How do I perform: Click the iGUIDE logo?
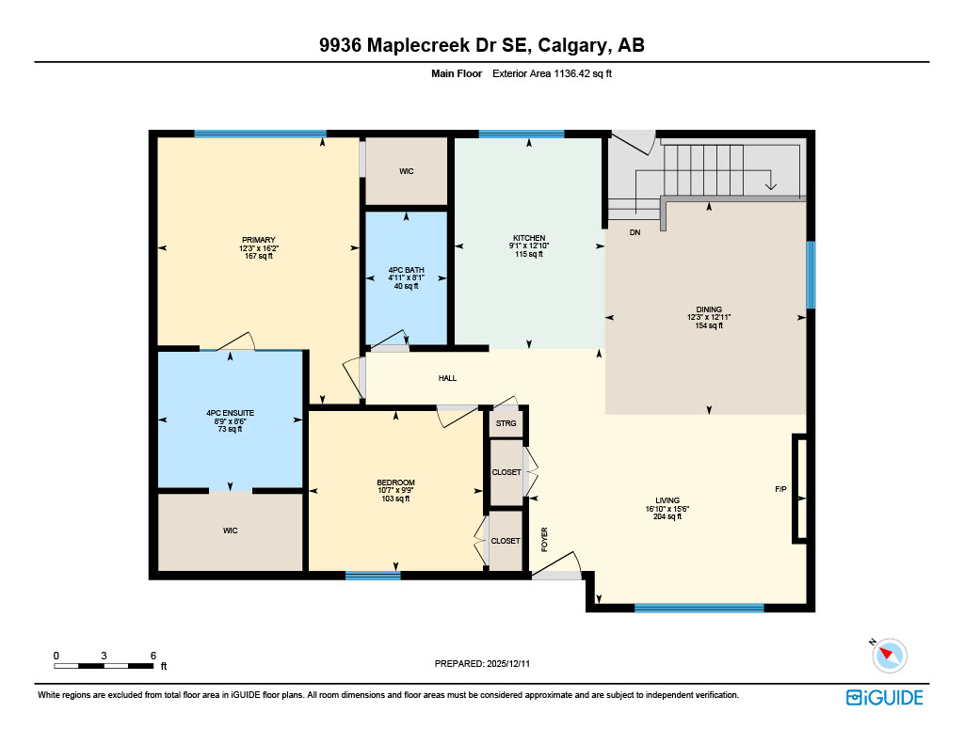(x=884, y=697)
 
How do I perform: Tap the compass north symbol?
(x=889, y=655)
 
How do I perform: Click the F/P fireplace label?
(x=780, y=490)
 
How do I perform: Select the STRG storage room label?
(x=506, y=423)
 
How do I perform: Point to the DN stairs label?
(x=635, y=232)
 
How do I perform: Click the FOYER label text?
(x=544, y=538)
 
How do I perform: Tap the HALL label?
(x=447, y=378)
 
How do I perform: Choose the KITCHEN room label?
(x=529, y=238)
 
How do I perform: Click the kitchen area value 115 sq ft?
(x=529, y=254)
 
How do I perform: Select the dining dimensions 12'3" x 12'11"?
(x=709, y=318)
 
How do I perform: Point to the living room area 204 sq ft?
(x=667, y=516)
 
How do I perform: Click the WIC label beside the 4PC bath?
(x=406, y=171)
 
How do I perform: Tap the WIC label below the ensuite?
(x=230, y=530)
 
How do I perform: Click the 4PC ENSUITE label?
(x=230, y=413)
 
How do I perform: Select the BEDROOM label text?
(x=395, y=483)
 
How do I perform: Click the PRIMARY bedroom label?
(x=258, y=239)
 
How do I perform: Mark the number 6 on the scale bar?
(x=153, y=655)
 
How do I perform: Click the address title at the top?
(x=482, y=45)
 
